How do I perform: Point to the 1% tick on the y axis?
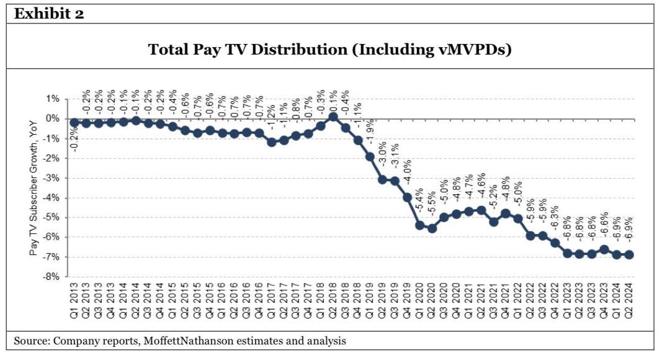coord(51,99)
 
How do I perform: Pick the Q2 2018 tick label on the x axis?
coord(333,300)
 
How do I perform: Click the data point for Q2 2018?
coord(333,116)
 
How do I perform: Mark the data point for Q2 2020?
coord(431,228)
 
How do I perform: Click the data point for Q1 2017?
coord(272,142)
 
